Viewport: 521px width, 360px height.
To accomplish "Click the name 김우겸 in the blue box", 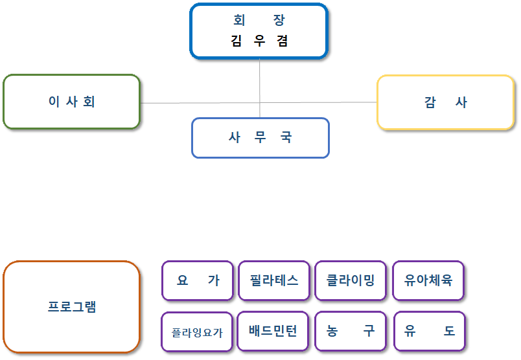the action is coord(259,41).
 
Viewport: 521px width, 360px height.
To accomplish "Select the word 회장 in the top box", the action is coord(259,20).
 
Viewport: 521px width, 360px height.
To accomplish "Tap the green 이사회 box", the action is coord(71,102).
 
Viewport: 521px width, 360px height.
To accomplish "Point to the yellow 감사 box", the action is coord(446,102).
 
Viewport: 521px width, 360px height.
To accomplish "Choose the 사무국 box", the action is coord(260,138).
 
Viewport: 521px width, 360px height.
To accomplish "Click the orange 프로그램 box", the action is coord(71,306).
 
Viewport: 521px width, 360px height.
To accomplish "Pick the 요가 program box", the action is coord(198,280).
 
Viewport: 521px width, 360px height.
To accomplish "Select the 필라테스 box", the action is coord(274,280).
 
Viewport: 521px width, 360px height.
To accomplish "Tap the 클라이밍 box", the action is coord(351,280).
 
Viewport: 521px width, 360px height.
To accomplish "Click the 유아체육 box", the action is coord(428,280).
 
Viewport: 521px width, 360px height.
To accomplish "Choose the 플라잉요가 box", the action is coord(197,332).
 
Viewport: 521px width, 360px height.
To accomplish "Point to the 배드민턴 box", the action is coord(273,331).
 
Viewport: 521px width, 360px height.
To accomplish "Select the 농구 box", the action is coord(351,331).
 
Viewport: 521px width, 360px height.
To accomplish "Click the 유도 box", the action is coord(430,331).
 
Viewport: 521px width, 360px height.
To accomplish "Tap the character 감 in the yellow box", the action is coord(430,102).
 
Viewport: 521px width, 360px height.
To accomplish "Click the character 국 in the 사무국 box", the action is coord(286,137).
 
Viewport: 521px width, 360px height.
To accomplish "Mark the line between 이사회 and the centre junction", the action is coord(200,103).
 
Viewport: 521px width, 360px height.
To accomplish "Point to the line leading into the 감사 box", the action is coord(318,102).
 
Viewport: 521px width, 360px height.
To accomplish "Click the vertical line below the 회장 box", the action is coord(259,88).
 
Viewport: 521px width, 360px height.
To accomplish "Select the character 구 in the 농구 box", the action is coord(369,331).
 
